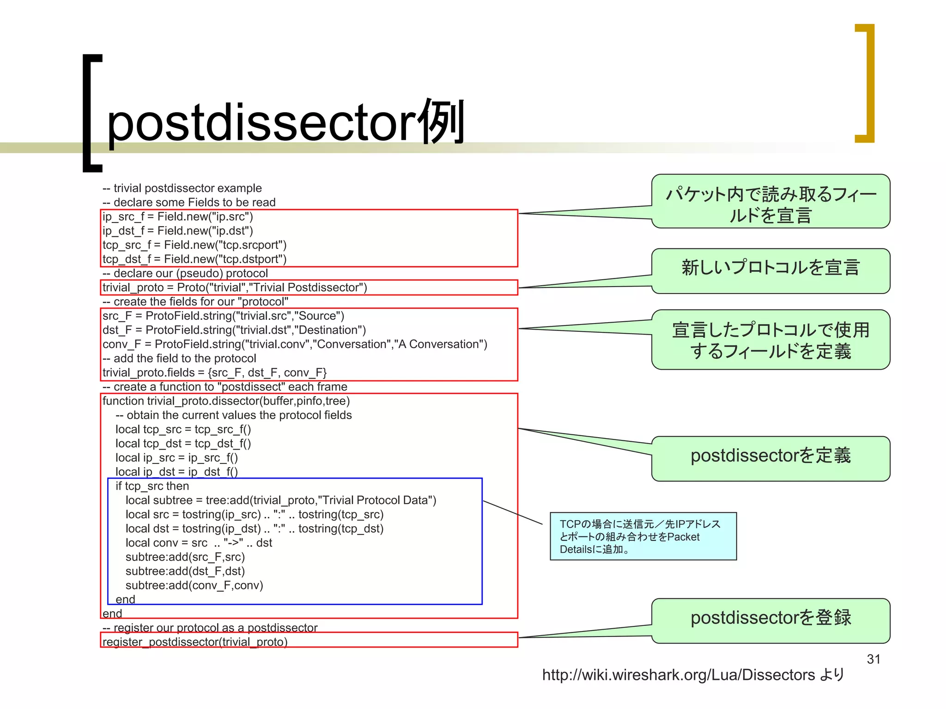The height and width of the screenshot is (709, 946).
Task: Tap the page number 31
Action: (873, 659)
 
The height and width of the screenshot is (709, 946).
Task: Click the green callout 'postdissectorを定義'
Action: (770, 458)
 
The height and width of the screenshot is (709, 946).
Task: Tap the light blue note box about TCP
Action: (643, 536)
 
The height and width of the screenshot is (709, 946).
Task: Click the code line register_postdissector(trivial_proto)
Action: (195, 642)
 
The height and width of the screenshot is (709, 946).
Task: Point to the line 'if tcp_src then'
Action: (152, 486)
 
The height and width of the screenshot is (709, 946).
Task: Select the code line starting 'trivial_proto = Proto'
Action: (235, 288)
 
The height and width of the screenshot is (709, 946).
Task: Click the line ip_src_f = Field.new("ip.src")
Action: (177, 216)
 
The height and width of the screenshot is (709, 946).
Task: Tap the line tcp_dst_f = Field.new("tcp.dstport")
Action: (194, 259)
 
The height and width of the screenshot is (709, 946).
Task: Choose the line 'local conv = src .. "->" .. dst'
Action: (199, 543)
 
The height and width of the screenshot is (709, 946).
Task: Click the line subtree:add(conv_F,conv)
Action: (194, 585)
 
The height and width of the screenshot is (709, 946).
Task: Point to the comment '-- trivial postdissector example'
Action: (182, 188)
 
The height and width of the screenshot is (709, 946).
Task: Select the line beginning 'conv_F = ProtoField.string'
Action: (295, 344)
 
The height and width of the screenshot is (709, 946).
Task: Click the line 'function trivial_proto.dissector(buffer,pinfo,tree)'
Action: (226, 401)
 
